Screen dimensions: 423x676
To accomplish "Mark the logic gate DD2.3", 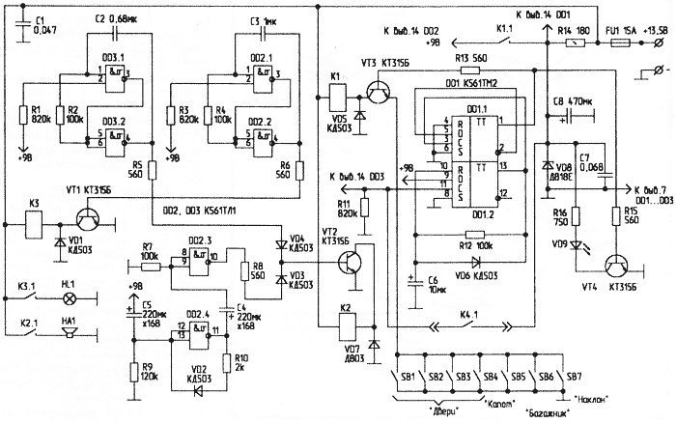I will (x=200, y=256).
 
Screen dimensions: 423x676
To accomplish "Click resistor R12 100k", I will (x=472, y=234).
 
